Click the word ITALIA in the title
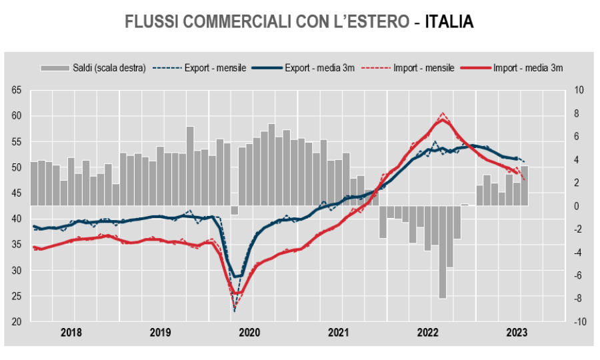(449, 22)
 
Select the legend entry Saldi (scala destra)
(93, 67)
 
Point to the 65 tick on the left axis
(17, 90)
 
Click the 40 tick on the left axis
(17, 219)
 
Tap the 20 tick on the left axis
(17, 322)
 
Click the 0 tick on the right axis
(580, 206)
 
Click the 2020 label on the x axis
(249, 331)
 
